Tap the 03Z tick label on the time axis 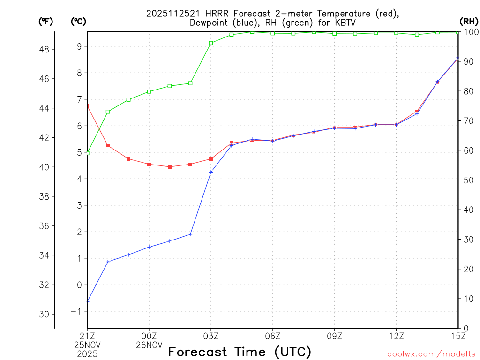(211, 336)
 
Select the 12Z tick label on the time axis (396, 336)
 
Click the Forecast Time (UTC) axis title (240, 352)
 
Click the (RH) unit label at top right (468, 21)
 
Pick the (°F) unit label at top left (46, 21)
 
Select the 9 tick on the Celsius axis (80, 46)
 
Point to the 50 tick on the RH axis (468, 180)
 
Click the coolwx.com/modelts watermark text (431, 354)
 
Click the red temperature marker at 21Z (87, 106)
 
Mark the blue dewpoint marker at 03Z (211, 172)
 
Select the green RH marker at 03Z (211, 43)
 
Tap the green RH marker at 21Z (87, 153)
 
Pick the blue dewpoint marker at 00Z (149, 247)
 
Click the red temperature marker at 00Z (149, 164)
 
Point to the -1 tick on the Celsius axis (78, 311)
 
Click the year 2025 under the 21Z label (87, 354)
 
